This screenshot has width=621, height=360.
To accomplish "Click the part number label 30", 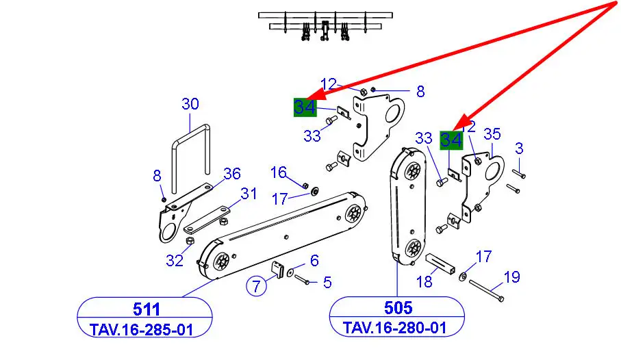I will [x=190, y=104].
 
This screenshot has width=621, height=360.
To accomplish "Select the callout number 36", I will [x=232, y=174].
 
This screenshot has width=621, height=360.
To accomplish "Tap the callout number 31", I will [x=249, y=194].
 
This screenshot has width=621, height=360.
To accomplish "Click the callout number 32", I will [x=175, y=260].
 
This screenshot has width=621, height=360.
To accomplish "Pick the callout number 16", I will [x=278, y=171].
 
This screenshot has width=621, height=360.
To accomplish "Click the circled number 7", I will [x=256, y=286].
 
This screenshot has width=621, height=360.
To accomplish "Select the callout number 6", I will [x=314, y=260].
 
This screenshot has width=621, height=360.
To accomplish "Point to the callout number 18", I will [x=424, y=281].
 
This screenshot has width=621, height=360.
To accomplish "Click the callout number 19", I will [x=511, y=277].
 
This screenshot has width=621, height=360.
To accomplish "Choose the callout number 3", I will [x=520, y=148].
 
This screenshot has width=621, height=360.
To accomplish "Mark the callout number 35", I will [x=492, y=134].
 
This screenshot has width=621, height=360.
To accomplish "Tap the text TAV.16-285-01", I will [x=141, y=329].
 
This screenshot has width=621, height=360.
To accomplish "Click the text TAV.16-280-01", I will [x=395, y=328].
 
